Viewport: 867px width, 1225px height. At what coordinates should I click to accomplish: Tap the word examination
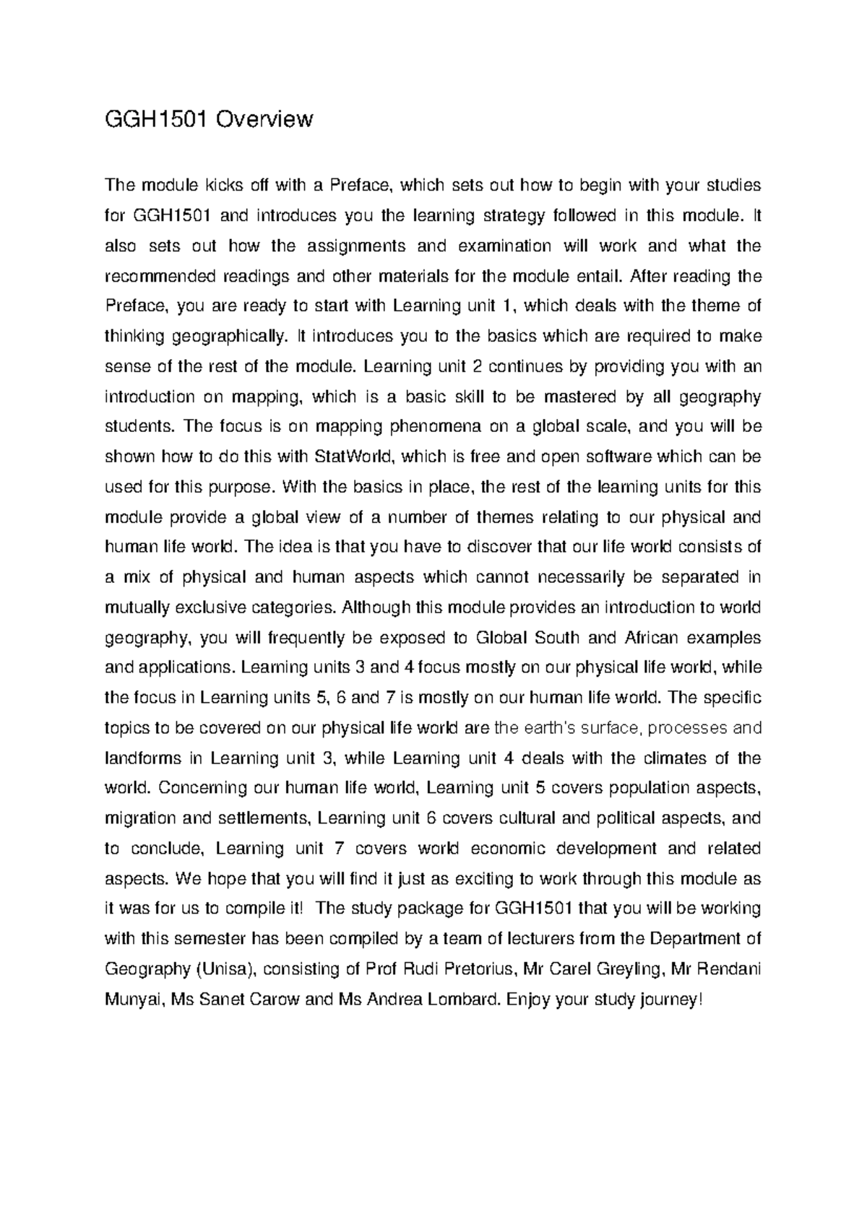click(x=504, y=246)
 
